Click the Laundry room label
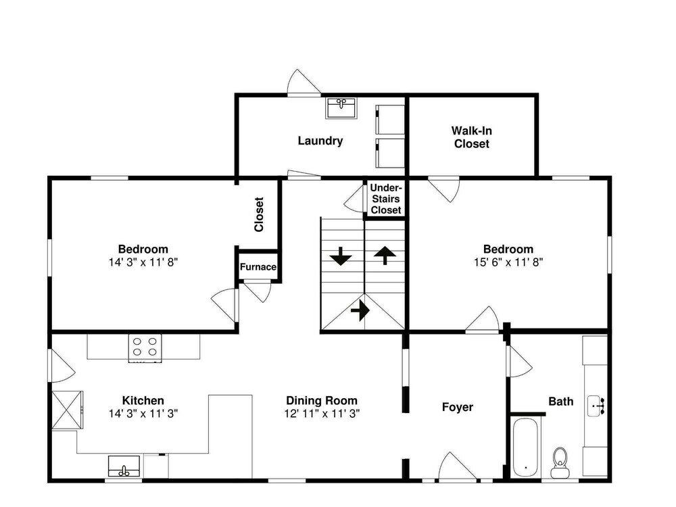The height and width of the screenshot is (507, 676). point(320,141)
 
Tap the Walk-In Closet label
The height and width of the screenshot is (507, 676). point(472,137)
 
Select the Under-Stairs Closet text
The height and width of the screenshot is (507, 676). point(386,199)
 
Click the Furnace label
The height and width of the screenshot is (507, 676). point(258,267)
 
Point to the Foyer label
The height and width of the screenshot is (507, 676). point(458,407)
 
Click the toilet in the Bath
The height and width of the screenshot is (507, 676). point(560,462)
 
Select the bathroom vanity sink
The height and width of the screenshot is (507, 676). point(597,406)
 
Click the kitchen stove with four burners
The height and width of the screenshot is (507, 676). point(145,347)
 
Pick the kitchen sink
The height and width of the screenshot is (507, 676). point(124,466)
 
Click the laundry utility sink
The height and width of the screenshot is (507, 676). point(341,107)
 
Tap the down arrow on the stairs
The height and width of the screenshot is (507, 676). point(341,256)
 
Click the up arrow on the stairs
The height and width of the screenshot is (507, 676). point(385,256)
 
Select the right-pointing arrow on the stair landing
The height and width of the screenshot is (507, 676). point(360,310)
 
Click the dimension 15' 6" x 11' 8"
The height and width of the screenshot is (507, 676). point(508,262)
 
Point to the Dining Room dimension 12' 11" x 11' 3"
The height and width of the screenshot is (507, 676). point(322,414)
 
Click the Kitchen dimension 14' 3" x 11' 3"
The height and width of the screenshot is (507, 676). point(143,414)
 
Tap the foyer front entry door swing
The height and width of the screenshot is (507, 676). point(458,466)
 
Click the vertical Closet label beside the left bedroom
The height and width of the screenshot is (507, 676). point(259,215)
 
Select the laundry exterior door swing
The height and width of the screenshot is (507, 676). point(304,82)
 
